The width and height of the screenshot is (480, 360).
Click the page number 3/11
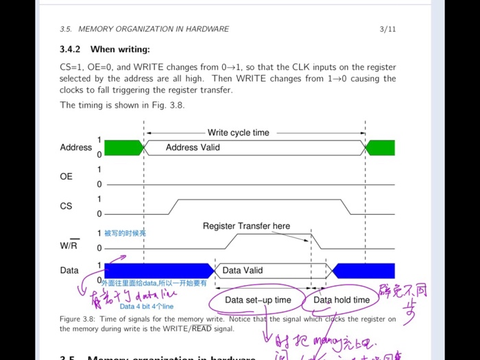point(387,29)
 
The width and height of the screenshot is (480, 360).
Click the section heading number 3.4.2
point(70,49)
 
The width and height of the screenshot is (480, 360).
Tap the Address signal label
point(76,147)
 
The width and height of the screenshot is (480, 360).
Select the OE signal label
point(66,177)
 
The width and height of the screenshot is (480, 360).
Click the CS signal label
point(66,206)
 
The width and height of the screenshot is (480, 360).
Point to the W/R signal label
point(69,245)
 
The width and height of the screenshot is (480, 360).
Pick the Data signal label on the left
point(69,270)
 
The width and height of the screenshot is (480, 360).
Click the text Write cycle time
point(239,132)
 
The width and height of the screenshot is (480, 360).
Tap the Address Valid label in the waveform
point(193,147)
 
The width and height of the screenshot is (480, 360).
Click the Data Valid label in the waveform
point(242,270)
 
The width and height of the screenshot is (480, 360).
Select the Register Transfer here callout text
point(246,226)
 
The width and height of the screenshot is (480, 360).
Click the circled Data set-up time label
point(258,300)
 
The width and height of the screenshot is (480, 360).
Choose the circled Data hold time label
point(341,300)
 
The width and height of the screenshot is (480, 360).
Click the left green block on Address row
point(123,147)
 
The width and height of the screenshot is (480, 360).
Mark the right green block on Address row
point(381,147)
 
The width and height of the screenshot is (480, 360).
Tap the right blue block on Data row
point(363,270)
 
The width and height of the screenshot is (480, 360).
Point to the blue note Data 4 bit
point(147,307)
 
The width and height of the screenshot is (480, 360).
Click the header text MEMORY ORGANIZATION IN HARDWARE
point(154,29)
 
